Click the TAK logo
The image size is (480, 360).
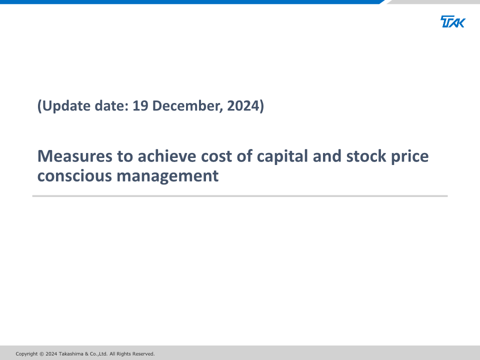click(453, 21)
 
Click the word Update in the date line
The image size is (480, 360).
click(66, 106)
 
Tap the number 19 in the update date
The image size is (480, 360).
click(140, 105)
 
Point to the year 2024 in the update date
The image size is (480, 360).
click(243, 105)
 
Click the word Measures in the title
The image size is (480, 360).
click(74, 156)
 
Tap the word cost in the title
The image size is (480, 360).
click(216, 156)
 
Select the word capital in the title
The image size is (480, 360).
click(282, 157)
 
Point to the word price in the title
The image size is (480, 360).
click(410, 157)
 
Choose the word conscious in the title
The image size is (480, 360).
click(74, 176)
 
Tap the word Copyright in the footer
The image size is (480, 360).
click(26, 354)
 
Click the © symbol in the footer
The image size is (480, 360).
click(41, 354)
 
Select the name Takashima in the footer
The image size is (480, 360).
click(71, 354)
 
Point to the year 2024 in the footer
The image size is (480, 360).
click(51, 354)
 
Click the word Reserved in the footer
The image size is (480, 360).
click(143, 354)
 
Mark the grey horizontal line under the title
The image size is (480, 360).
click(240, 196)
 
